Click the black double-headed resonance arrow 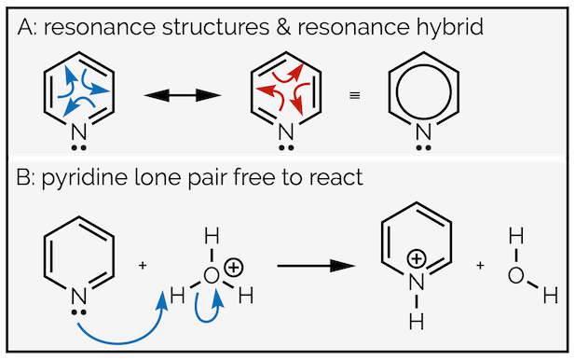pyautogui.click(x=181, y=95)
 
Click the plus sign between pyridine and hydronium pyautogui.click(x=143, y=266)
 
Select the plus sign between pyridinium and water pyautogui.click(x=480, y=266)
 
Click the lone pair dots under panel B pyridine pyautogui.click(x=79, y=305)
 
